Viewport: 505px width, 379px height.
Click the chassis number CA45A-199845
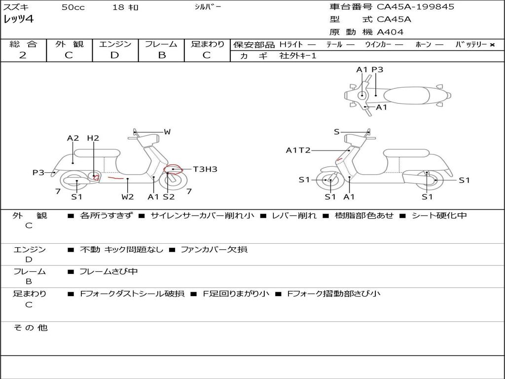[x=415, y=7]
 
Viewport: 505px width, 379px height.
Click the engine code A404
[x=390, y=32]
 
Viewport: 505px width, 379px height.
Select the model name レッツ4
[x=18, y=19]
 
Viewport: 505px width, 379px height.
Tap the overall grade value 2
[x=23, y=55]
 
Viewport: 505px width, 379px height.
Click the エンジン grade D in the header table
[x=114, y=55]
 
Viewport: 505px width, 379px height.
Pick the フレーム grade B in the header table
[x=162, y=55]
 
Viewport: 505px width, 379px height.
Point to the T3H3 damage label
[x=205, y=169]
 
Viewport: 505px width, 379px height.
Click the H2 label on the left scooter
[x=93, y=138]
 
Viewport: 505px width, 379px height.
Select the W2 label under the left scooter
[x=128, y=196]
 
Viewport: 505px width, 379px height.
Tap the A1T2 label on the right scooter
[x=298, y=150]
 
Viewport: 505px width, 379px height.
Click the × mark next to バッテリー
[x=492, y=45]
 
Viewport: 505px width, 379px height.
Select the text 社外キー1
[x=298, y=56]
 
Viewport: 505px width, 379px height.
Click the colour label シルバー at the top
[x=208, y=7]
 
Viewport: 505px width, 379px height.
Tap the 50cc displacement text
[x=73, y=7]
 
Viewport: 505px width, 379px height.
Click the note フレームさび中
[x=108, y=271]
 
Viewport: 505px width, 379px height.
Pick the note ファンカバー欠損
[x=214, y=249]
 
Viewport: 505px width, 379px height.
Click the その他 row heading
[x=31, y=328]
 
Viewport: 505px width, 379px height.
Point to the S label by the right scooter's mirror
[x=337, y=131]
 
